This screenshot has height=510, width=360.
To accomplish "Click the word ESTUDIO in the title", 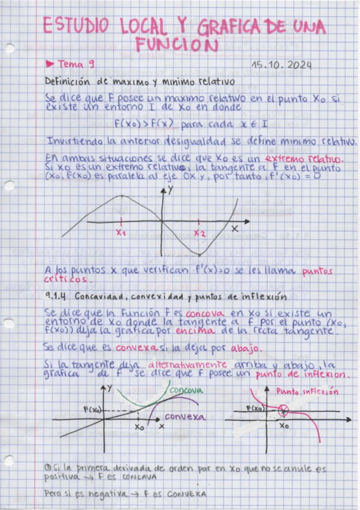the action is coord(75,26).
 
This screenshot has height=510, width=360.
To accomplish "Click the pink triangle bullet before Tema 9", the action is coord(50,63).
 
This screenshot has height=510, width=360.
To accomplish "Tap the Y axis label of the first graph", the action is coord(171,190).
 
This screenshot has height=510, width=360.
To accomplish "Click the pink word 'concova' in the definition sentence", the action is coord(204,314).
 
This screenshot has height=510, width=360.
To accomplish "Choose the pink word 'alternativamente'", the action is coord(187,364).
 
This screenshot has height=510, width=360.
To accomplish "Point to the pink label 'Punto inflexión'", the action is coord(307,391).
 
